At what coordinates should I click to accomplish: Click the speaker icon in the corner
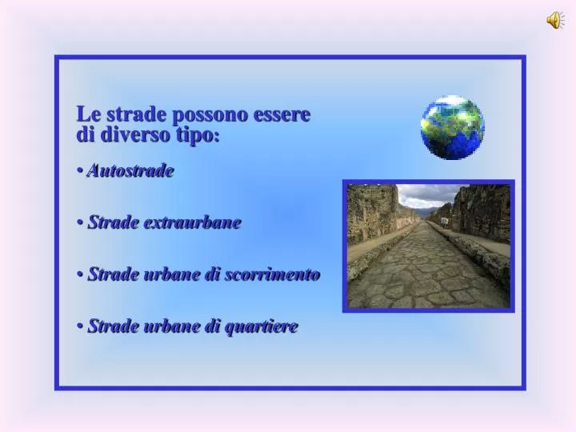pos(554,22)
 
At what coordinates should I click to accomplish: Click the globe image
pos(453,127)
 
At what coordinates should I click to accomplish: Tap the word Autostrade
pos(131,170)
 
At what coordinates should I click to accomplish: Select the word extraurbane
pos(192,222)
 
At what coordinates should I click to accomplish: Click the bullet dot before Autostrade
pos(82,171)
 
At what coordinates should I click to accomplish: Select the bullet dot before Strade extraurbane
pos(82,223)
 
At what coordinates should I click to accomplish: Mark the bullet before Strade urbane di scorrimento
pos(82,275)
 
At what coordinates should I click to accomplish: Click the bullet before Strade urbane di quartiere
pos(82,326)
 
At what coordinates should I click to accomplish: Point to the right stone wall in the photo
pos(485,212)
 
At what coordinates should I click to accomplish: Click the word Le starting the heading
pos(87,114)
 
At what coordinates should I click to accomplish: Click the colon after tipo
pos(217,137)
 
